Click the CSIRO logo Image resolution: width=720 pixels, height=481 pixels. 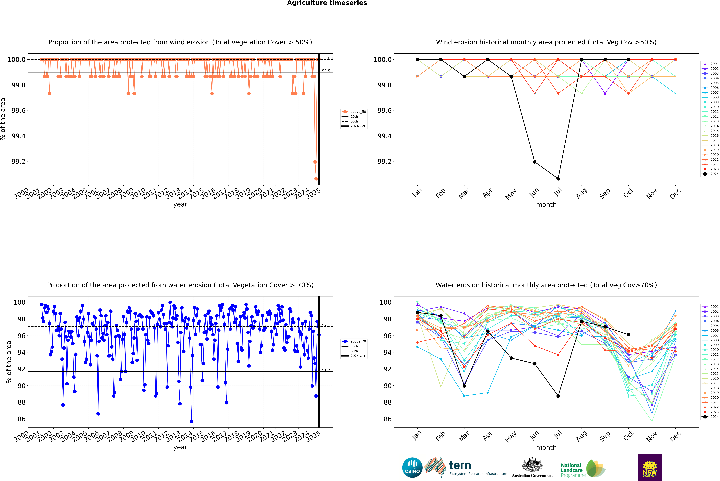pyautogui.click(x=412, y=468)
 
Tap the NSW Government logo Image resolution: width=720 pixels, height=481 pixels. pyautogui.click(x=650, y=468)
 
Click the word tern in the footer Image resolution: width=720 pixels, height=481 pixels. pyautogui.click(x=460, y=466)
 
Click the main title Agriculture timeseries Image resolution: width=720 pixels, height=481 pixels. pyautogui.click(x=327, y=3)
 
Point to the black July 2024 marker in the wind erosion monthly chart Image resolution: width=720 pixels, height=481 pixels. pyautogui.click(x=558, y=179)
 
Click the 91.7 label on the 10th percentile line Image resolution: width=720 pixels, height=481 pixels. pyautogui.click(x=326, y=370)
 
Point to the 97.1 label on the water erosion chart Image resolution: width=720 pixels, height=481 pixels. pyautogui.click(x=326, y=325)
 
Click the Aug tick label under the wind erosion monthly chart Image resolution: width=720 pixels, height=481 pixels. pyautogui.click(x=582, y=193)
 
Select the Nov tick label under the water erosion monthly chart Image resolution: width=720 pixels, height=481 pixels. pyautogui.click(x=652, y=436)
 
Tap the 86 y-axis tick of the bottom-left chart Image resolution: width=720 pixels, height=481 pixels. pyautogui.click(x=21, y=419)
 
